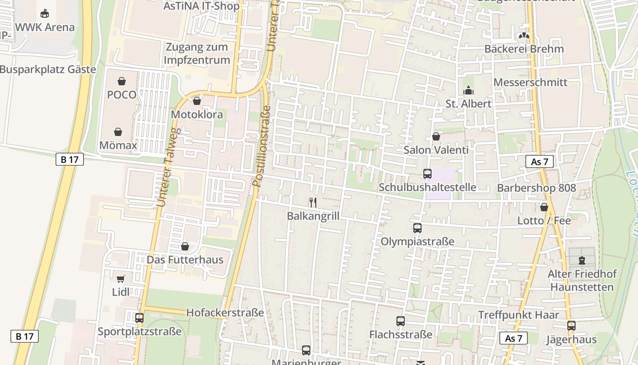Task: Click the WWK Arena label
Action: (x=45, y=27)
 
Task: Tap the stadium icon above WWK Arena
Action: (x=45, y=13)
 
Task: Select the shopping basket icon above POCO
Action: (x=122, y=82)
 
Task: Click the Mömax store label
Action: (x=118, y=146)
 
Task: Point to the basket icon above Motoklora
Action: (x=197, y=101)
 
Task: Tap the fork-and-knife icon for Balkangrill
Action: (x=313, y=202)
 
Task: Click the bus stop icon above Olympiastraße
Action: (x=417, y=228)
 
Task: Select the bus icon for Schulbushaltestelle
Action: (x=427, y=174)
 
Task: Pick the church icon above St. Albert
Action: (x=468, y=91)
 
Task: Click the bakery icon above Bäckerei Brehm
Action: (x=525, y=36)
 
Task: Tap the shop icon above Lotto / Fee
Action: (x=544, y=208)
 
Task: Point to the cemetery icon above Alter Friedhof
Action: (x=581, y=261)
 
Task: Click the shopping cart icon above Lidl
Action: (x=121, y=279)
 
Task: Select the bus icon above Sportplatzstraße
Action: (x=139, y=318)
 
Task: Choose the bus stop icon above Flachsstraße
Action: (x=401, y=321)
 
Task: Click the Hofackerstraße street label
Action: (x=225, y=313)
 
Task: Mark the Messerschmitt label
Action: (x=530, y=83)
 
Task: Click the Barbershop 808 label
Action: (x=536, y=188)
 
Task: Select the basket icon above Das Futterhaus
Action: (x=185, y=247)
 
